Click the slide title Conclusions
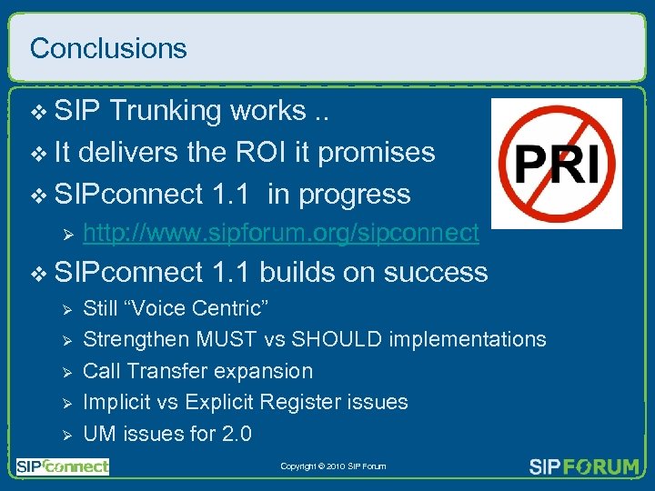(x=108, y=48)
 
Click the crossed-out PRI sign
(x=556, y=164)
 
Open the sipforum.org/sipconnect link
(x=281, y=234)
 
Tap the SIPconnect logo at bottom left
(x=62, y=466)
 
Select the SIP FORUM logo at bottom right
(x=584, y=466)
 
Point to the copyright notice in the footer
(x=333, y=466)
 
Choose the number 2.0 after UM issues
(x=236, y=434)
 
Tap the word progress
(x=355, y=195)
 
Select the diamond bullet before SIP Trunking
(x=37, y=112)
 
